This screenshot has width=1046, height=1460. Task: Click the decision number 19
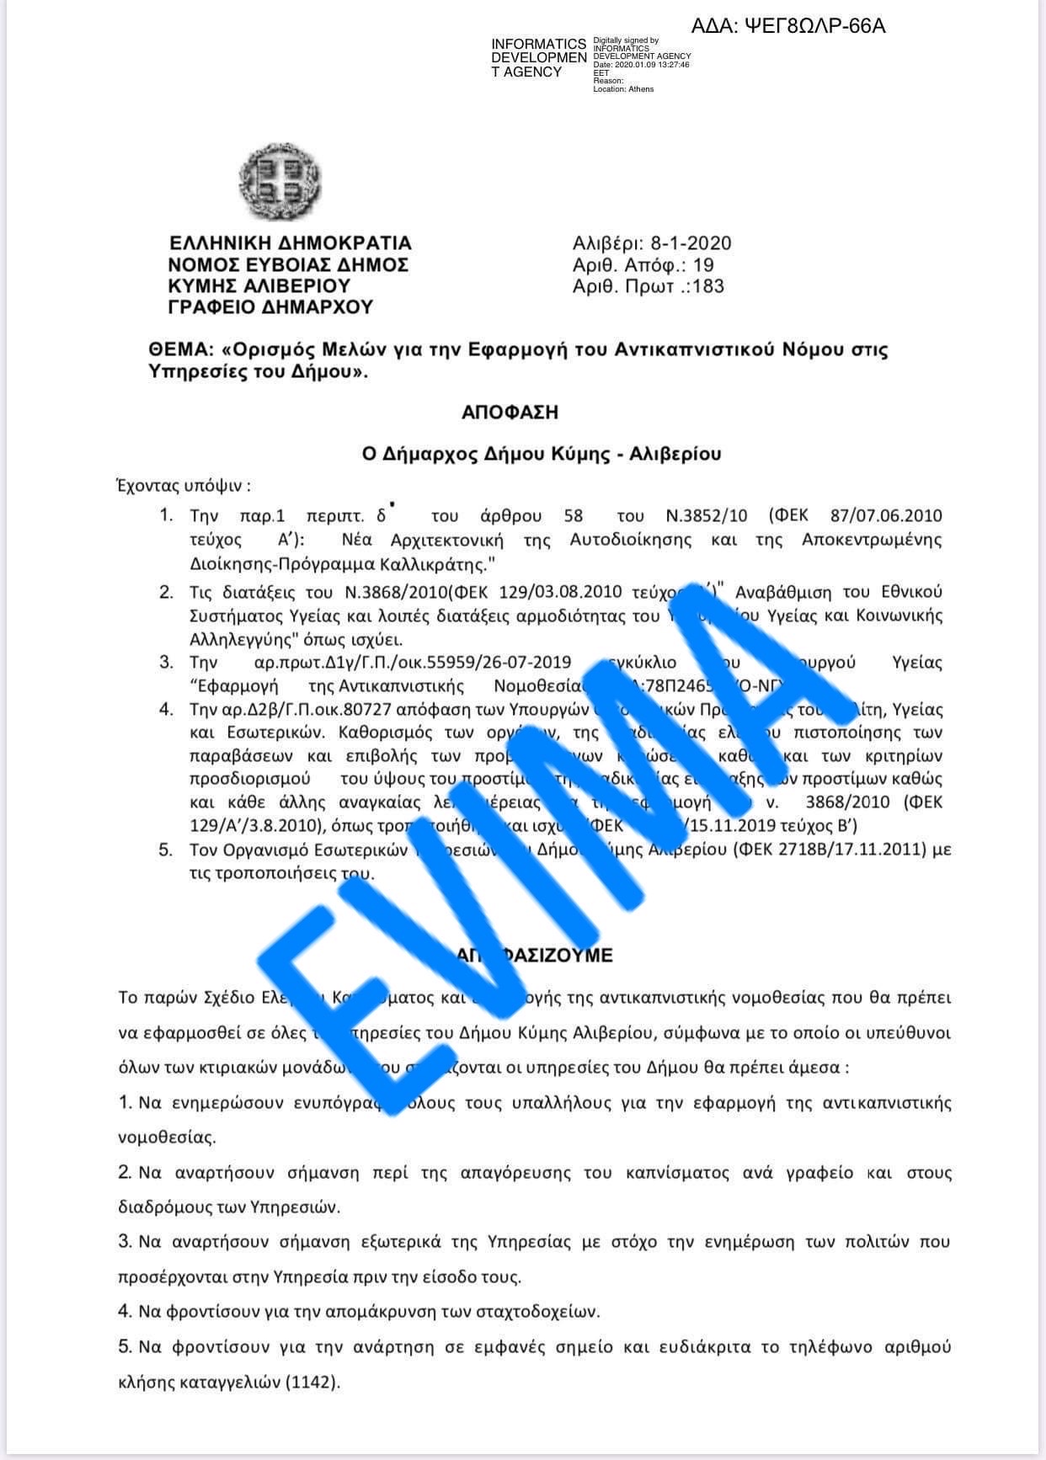pos(703,265)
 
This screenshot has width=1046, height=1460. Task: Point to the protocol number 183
pos(707,286)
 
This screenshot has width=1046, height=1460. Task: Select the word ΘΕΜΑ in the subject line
pos(176,349)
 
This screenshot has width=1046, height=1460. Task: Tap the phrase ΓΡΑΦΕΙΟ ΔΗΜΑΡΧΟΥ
pos(270,307)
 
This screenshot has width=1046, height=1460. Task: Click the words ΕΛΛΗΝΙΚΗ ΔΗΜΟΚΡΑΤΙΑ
pos(291,243)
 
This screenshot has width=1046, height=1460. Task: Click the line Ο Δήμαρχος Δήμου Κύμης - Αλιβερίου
pos(542,455)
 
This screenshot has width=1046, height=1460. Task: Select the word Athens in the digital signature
pos(641,88)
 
